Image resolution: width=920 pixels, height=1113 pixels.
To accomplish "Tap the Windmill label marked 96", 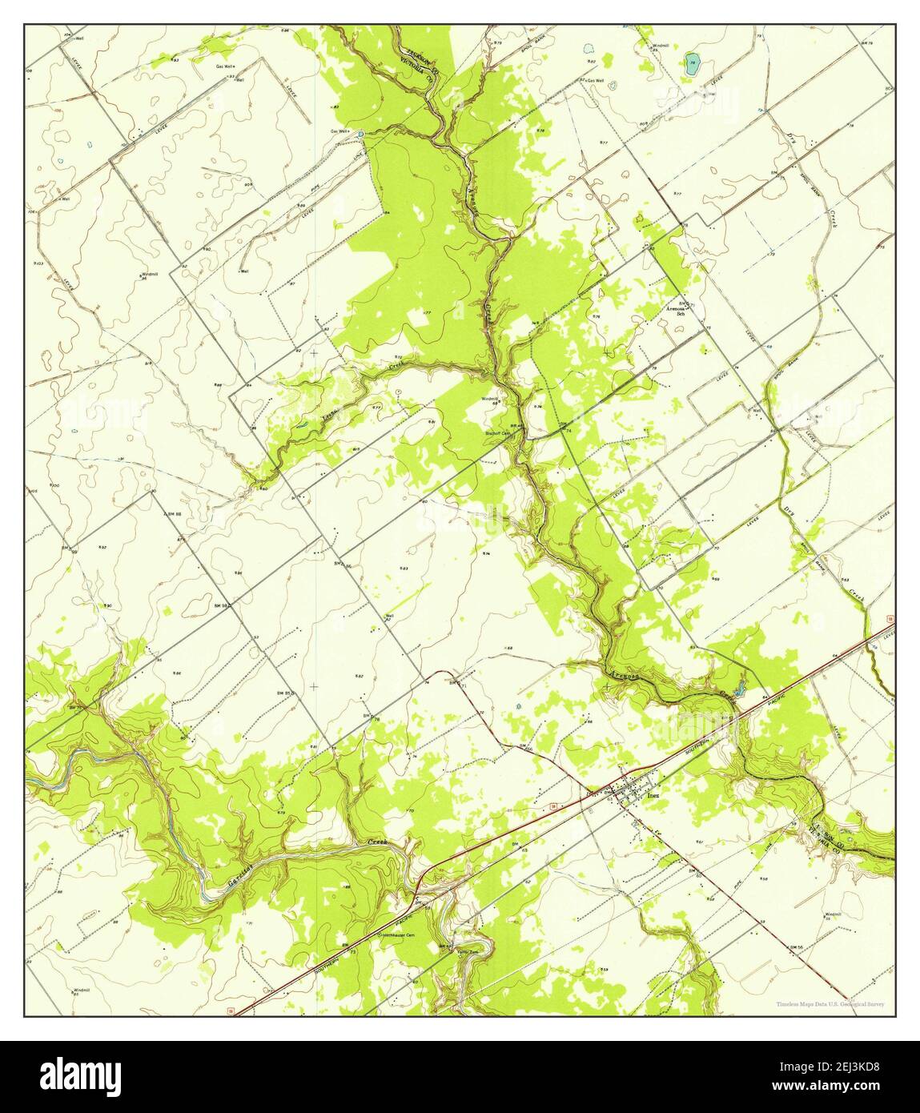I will [x=145, y=275].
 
